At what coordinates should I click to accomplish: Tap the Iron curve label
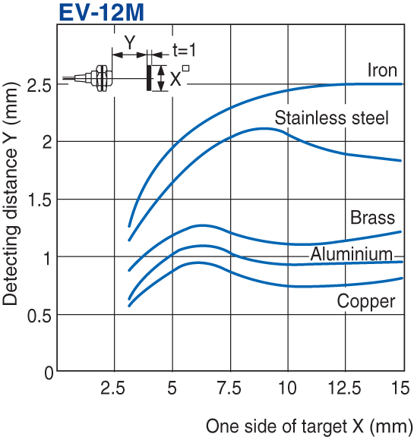383,71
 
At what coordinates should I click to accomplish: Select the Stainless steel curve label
331,118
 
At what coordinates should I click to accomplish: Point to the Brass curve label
373,218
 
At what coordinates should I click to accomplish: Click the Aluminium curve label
351,254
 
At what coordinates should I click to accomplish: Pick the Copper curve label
366,302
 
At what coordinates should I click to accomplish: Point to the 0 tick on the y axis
48,373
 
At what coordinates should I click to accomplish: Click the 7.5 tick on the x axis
230,388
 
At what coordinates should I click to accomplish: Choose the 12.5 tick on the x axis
345,388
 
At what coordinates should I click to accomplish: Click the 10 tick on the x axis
288,388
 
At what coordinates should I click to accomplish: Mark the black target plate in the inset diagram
149,77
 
